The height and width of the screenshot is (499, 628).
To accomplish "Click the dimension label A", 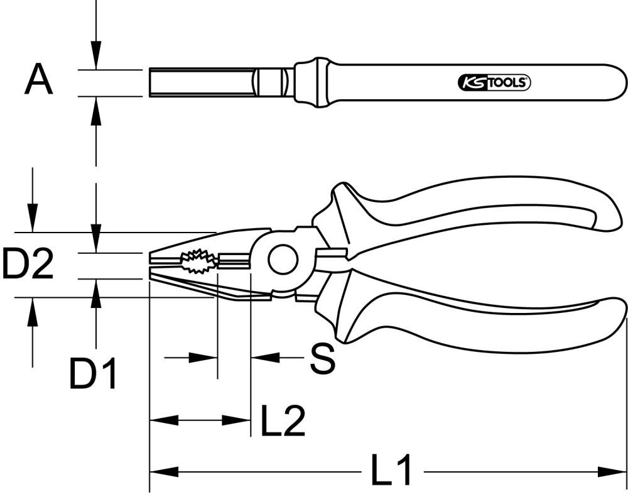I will point(38,81).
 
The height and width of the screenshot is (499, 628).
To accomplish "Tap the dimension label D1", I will point(94,375).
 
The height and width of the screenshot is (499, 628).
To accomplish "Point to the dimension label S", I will point(323,358).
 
